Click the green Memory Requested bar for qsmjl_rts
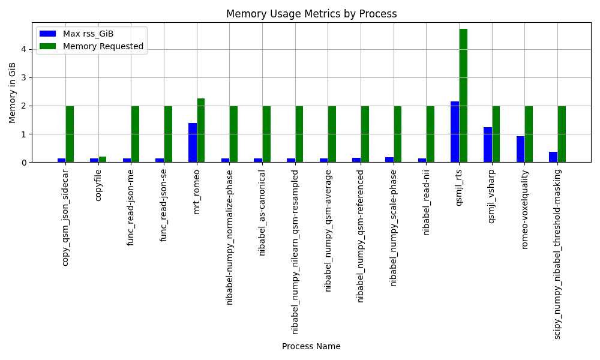(463, 95)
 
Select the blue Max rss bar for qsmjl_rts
(455, 132)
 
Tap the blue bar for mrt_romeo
(193, 143)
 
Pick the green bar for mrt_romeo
(201, 130)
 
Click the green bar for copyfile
(103, 160)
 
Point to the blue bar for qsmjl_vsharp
(488, 145)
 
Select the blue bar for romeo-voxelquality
(520, 149)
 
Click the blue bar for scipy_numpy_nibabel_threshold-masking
(553, 157)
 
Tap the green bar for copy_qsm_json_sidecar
(70, 134)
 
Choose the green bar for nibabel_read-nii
(430, 134)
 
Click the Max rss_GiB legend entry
(77, 34)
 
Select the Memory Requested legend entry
(91, 46)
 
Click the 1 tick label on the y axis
(24, 134)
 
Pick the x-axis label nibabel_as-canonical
(262, 213)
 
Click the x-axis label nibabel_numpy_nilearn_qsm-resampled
(295, 252)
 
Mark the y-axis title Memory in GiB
(12, 92)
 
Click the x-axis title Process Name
(311, 346)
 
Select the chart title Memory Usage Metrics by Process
(311, 14)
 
